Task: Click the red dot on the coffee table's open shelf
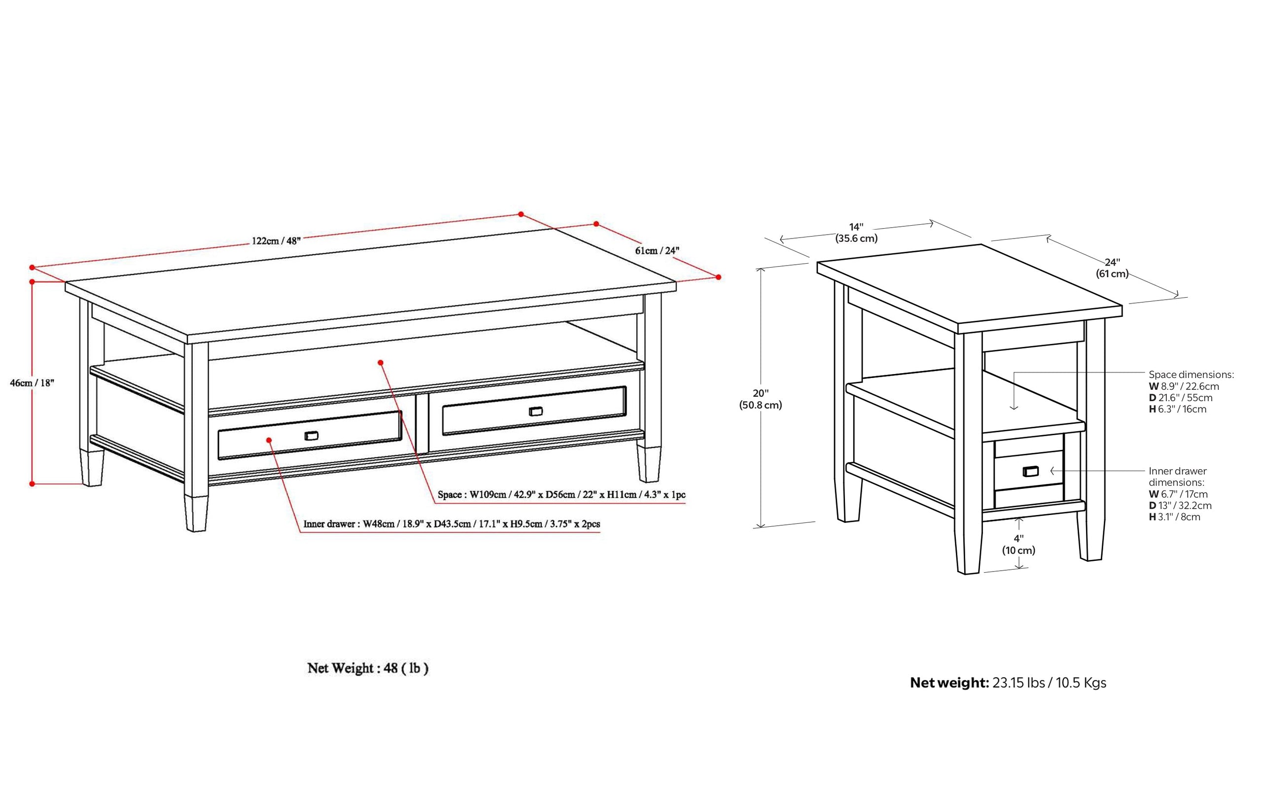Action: click(x=381, y=362)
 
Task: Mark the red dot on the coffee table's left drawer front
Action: click(x=269, y=440)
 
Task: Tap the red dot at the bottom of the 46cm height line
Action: click(x=32, y=484)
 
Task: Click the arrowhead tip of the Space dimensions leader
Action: click(x=1014, y=410)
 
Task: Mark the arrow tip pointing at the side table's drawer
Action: click(x=1051, y=471)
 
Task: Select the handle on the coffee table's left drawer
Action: click(x=312, y=435)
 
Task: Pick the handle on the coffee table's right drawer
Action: click(x=536, y=411)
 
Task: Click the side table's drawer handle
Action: click(x=1030, y=471)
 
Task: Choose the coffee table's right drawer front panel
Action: click(x=534, y=411)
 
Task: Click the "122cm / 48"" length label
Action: click(x=277, y=241)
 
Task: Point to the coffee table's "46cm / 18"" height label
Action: click(x=32, y=382)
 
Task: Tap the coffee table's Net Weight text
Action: click(x=368, y=668)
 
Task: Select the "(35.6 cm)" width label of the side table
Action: click(x=856, y=238)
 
